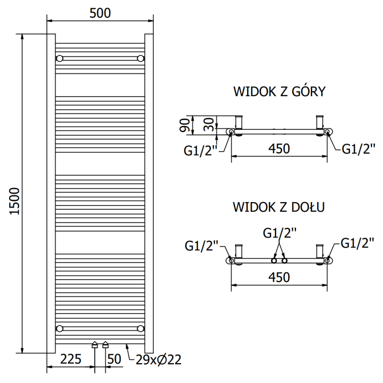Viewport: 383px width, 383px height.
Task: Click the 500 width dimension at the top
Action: click(x=100, y=13)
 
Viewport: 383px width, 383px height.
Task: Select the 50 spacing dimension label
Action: click(x=114, y=359)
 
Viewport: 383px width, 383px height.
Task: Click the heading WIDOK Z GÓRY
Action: click(x=279, y=91)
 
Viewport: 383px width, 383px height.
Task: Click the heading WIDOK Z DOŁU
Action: click(x=279, y=207)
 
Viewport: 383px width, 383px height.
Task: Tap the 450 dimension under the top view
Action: click(x=279, y=148)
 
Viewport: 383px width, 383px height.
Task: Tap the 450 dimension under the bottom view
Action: click(x=279, y=277)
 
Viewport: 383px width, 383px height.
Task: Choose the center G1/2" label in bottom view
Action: click(x=280, y=233)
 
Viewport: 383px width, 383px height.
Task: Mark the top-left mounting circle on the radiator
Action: click(x=60, y=58)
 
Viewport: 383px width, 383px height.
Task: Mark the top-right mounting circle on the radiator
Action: click(x=140, y=58)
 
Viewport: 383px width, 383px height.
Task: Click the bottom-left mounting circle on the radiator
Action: click(x=60, y=328)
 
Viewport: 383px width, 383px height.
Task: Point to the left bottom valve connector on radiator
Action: click(x=95, y=344)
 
